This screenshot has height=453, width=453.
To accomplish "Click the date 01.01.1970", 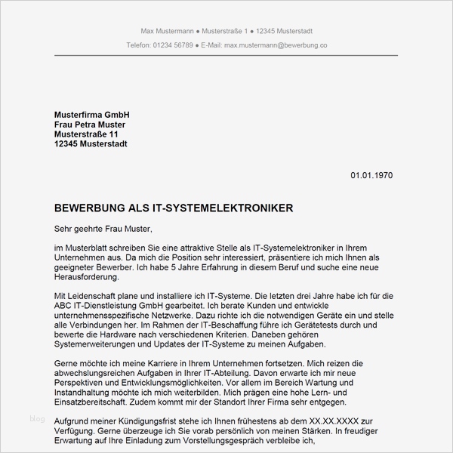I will point(371,175).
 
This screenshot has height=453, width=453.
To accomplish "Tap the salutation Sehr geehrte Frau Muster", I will point(103,228).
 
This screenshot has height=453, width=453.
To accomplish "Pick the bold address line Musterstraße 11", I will point(87,134).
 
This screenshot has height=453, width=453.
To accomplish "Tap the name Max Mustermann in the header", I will point(166,30).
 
